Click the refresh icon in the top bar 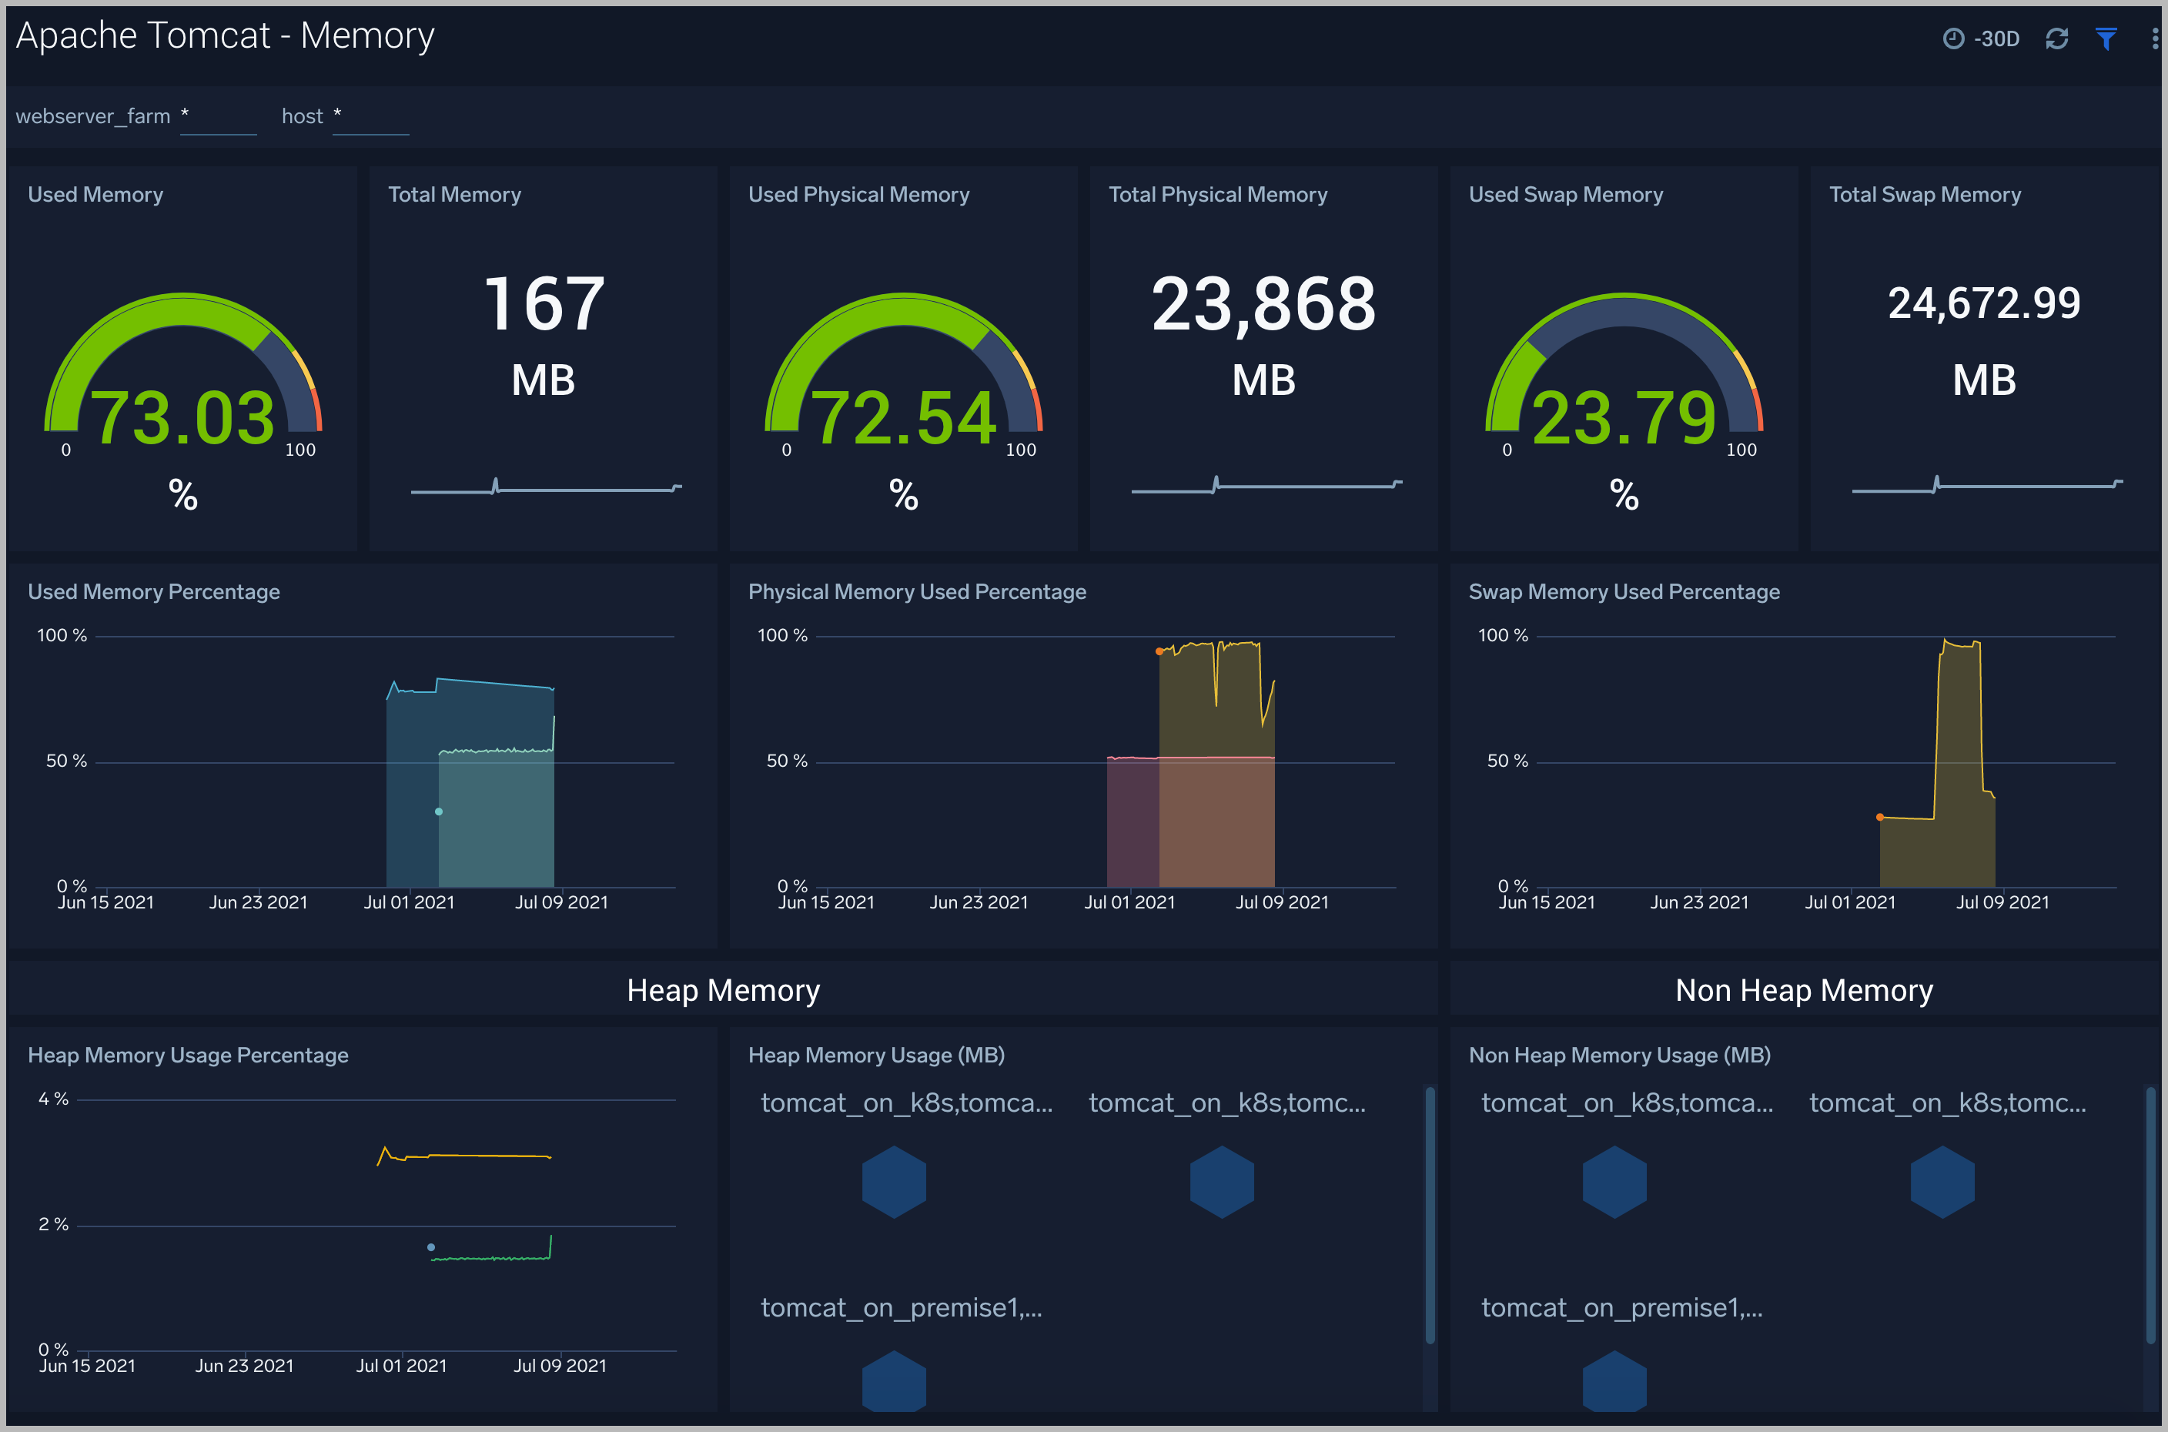tap(2056, 38)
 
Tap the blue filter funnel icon tap(2106, 38)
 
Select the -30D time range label tap(1996, 38)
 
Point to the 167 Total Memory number tap(544, 304)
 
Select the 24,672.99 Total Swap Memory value tap(1983, 303)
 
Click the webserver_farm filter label tap(93, 116)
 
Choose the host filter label tap(303, 116)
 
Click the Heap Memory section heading tap(723, 990)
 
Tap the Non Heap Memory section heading tap(1804, 990)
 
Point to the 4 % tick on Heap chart tap(53, 1099)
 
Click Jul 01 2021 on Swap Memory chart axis tap(1850, 902)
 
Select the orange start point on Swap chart tap(1879, 818)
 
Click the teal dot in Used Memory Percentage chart tap(440, 811)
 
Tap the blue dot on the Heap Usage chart tap(431, 1247)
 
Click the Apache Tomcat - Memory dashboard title tap(226, 35)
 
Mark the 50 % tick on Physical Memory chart tap(787, 761)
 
